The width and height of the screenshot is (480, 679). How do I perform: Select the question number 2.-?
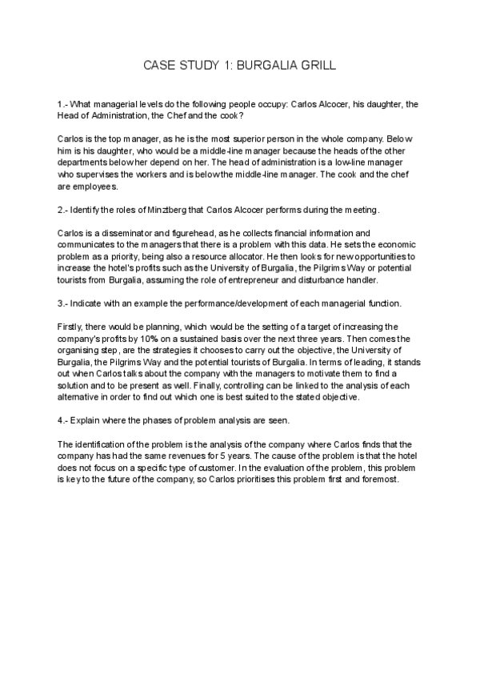[x=64, y=209]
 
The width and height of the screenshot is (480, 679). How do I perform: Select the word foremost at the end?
[x=388, y=480]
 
